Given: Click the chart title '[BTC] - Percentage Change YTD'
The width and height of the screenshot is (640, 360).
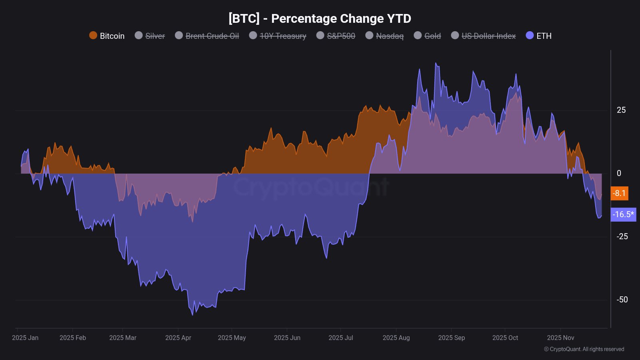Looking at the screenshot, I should (x=320, y=18).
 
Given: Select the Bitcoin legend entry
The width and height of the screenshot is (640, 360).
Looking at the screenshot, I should (x=107, y=36).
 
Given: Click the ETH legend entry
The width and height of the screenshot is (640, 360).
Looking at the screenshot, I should (x=538, y=36).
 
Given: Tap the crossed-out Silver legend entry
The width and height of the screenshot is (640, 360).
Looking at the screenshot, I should (x=150, y=36).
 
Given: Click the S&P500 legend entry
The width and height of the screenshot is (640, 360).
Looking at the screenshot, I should (x=336, y=36).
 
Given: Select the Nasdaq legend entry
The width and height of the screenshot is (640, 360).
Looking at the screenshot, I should (x=384, y=36).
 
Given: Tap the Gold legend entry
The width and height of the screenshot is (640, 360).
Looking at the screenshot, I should (x=427, y=36).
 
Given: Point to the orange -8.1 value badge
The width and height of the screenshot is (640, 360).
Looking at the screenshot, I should (x=619, y=193).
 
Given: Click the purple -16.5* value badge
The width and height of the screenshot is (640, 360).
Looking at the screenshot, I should (x=623, y=214).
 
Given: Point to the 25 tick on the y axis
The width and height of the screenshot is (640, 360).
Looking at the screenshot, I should (x=621, y=110).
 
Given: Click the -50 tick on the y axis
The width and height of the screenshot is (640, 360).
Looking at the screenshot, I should (x=622, y=300).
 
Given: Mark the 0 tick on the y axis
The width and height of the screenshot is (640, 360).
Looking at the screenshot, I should (x=619, y=173).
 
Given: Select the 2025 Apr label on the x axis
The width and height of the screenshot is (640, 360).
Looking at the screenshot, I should (x=178, y=338).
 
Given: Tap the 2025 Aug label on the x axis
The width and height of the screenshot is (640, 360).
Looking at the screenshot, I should (x=396, y=338).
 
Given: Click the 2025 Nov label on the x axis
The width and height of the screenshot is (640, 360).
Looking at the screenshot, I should (x=560, y=338).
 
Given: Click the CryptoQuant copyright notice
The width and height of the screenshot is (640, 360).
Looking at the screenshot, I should (x=584, y=349).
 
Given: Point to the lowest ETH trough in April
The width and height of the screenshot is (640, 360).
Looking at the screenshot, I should (x=192, y=315).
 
